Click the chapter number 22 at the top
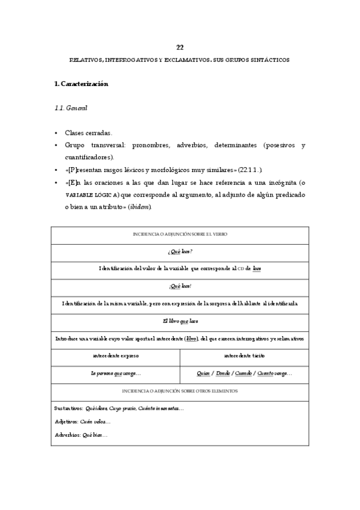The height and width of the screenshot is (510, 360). point(180,48)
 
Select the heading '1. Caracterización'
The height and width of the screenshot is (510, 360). point(81,84)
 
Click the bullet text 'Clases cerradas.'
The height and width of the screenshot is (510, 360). point(88,133)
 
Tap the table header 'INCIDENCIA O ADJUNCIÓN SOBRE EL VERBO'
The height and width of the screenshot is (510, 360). point(180,233)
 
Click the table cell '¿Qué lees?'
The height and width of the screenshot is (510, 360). point(180,251)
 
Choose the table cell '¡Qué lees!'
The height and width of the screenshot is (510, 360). point(180,286)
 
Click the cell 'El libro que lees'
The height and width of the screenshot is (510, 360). point(180,321)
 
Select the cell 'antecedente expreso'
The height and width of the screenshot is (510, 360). point(116,356)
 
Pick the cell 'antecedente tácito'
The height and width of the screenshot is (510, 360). point(245,356)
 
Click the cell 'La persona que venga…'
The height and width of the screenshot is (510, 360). point(116,373)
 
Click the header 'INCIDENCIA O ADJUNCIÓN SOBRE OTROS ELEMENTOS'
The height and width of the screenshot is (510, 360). point(180,391)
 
